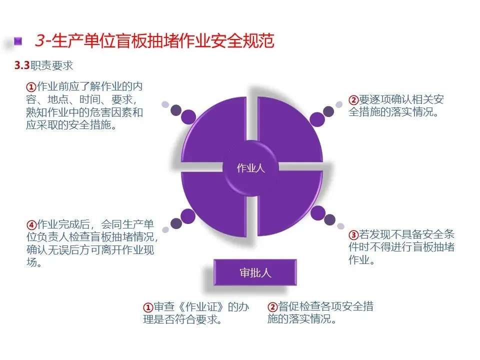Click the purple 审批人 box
point(255,272)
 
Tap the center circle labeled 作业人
point(250,168)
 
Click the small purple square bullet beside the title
point(18,40)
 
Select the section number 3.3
point(22,65)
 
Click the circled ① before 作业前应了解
point(31,86)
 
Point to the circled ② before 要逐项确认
point(353,100)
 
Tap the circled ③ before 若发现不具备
point(353,234)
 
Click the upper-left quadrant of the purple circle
point(215,130)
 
